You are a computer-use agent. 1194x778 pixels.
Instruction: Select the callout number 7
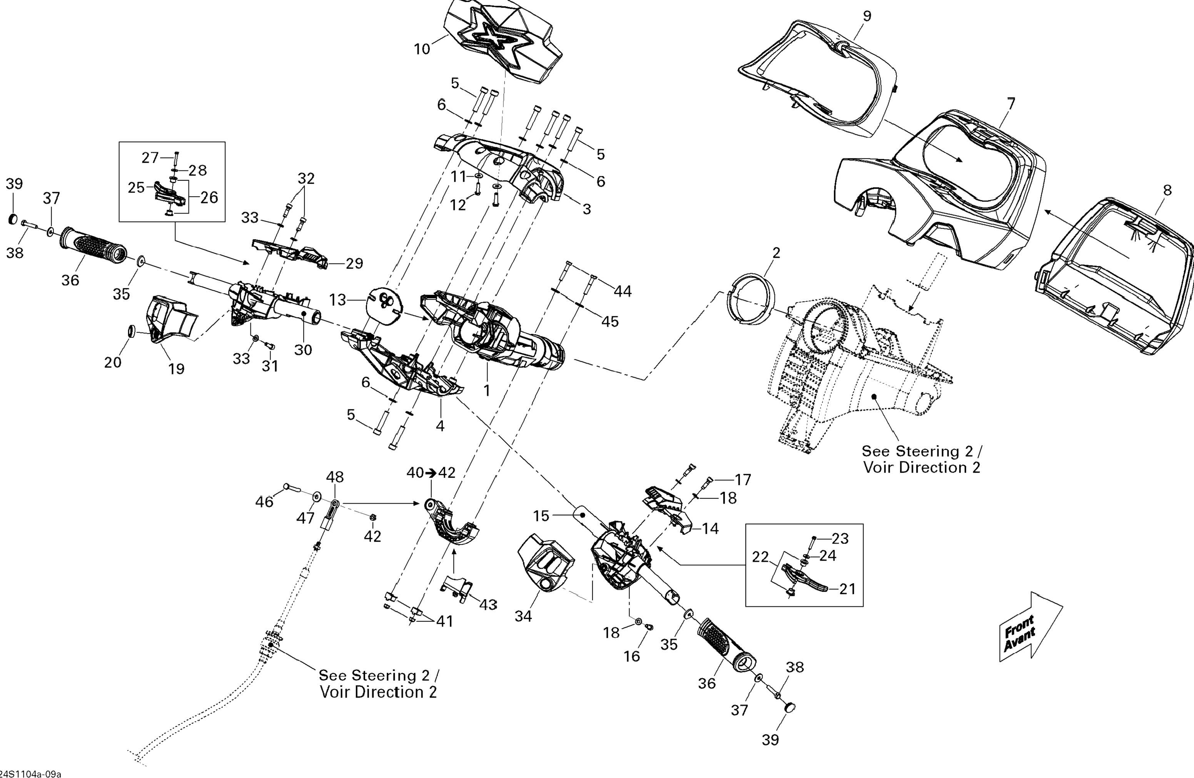pos(1011,104)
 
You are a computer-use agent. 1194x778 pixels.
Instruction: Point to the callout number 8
pos(1167,190)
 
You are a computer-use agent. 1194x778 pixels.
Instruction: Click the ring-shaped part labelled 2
pos(750,299)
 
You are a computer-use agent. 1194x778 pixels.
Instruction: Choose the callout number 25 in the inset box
pos(136,188)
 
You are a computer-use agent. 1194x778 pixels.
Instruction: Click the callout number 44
pos(623,291)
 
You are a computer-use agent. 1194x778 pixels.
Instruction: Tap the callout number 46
pos(264,502)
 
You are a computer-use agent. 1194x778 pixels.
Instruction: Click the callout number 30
pos(303,350)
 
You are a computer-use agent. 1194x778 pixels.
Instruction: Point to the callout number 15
pos(541,516)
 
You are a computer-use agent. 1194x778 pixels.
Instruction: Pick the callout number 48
pos(335,476)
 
